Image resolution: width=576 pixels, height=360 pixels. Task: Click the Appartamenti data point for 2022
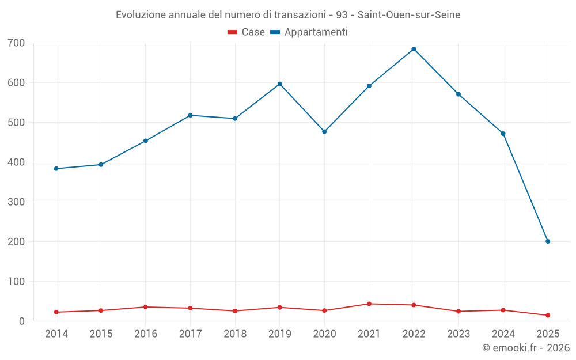click(x=414, y=49)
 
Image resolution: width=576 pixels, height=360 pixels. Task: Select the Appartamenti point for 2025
click(x=548, y=241)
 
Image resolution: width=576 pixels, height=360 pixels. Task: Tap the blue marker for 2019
click(x=280, y=84)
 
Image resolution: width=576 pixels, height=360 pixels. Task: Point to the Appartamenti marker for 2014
click(x=56, y=169)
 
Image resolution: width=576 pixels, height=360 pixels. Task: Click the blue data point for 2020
click(x=324, y=132)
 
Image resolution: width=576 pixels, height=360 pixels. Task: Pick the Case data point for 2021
click(x=369, y=304)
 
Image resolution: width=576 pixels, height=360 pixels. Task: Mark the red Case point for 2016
click(x=146, y=307)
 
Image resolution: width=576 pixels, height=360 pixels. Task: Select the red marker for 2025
click(x=548, y=315)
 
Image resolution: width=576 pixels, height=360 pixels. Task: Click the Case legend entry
click(x=246, y=32)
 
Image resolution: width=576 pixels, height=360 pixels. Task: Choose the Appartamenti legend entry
click(x=309, y=32)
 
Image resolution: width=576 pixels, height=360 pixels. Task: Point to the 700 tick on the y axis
click(x=17, y=43)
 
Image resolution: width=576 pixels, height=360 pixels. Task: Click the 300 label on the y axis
click(x=17, y=202)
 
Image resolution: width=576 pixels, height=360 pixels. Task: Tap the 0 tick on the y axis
click(x=22, y=321)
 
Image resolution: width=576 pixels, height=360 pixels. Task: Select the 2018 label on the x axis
click(x=235, y=334)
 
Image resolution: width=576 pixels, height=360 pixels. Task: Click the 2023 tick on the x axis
click(x=458, y=334)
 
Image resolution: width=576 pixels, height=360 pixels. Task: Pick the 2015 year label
click(x=101, y=334)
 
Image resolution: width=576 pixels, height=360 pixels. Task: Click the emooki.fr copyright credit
click(x=526, y=348)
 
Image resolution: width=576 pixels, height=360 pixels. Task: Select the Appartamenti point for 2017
click(x=191, y=115)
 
